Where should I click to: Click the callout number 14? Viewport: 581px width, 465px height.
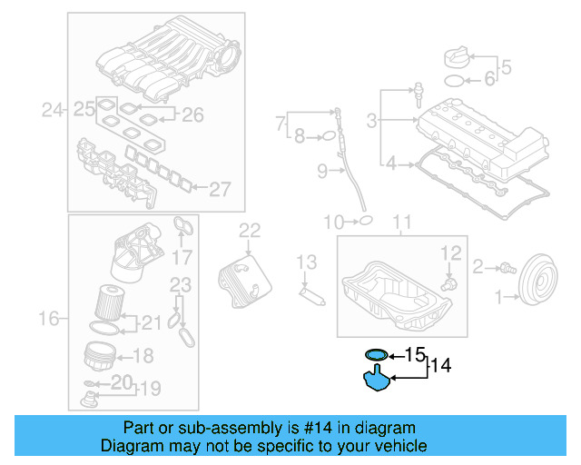pyautogui.click(x=440, y=366)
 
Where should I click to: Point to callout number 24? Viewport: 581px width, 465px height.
pyautogui.click(x=54, y=112)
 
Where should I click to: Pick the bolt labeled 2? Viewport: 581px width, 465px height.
pyautogui.click(x=504, y=267)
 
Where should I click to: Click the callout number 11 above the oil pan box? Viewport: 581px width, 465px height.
pyautogui.click(x=400, y=221)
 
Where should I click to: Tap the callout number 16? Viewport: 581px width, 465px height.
pyautogui.click(x=50, y=318)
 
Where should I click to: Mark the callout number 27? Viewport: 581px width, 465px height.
pyautogui.click(x=221, y=189)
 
